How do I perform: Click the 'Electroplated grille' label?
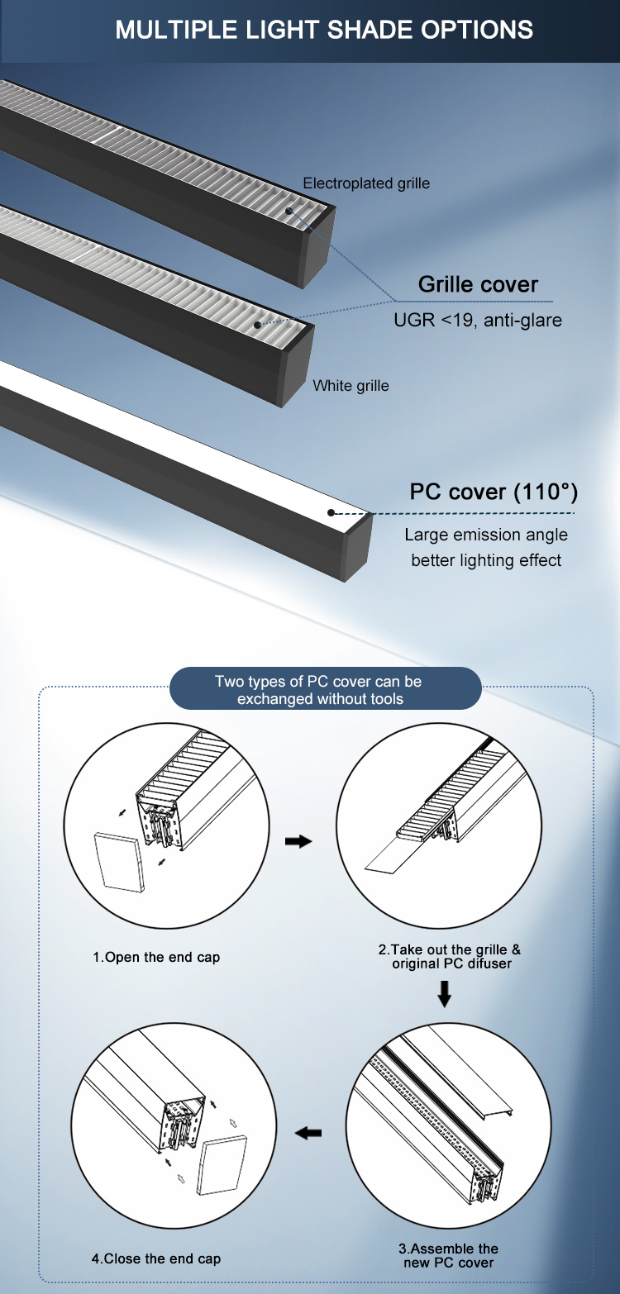pyautogui.click(x=366, y=183)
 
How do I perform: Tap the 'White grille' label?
pyautogui.click(x=351, y=385)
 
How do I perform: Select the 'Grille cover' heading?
pyautogui.click(x=478, y=284)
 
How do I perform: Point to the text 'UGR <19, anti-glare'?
pyautogui.click(x=477, y=320)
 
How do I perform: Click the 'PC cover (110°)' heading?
pyautogui.click(x=494, y=492)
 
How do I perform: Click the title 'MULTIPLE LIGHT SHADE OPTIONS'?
pyautogui.click(x=324, y=30)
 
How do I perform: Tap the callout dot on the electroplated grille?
pyautogui.click(x=289, y=211)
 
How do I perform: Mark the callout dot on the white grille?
pyautogui.click(x=258, y=325)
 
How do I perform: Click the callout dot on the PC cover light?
pyautogui.click(x=331, y=512)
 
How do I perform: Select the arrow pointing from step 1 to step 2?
pyautogui.click(x=298, y=842)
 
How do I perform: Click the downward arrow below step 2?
pyautogui.click(x=445, y=993)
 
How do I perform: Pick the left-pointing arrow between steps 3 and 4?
pyautogui.click(x=308, y=1133)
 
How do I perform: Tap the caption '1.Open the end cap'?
pyautogui.click(x=156, y=957)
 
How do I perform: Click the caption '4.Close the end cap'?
pyautogui.click(x=156, y=1258)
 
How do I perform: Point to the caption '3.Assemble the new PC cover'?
pyautogui.click(x=448, y=1255)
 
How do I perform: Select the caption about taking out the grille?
pyautogui.click(x=450, y=956)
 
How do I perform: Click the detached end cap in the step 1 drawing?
pyautogui.click(x=119, y=862)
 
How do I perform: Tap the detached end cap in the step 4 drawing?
pyautogui.click(x=222, y=1164)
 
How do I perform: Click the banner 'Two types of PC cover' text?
pyautogui.click(x=319, y=690)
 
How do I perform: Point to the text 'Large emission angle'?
pyautogui.click(x=486, y=535)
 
